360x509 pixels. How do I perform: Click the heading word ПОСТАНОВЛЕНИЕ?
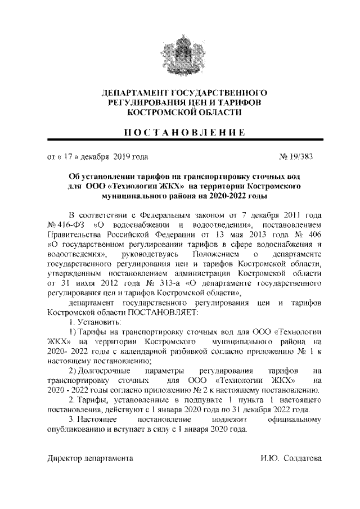click(x=179, y=133)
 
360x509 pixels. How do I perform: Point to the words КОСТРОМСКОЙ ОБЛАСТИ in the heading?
click(x=179, y=112)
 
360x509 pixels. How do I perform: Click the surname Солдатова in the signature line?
click(x=303, y=458)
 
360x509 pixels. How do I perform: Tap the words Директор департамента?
click(x=90, y=458)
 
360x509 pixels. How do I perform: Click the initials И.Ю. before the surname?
click(x=271, y=458)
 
